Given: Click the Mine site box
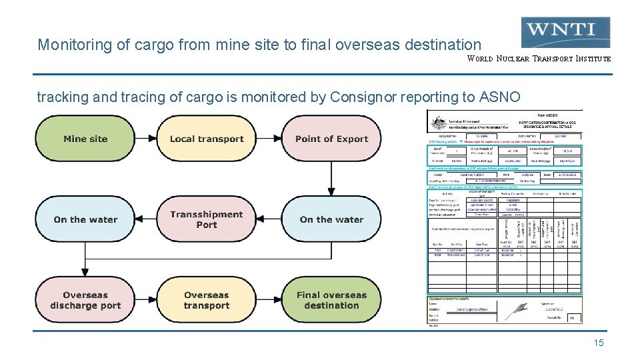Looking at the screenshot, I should (85, 139).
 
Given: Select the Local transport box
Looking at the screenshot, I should (207, 139).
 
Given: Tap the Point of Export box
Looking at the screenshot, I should (331, 139).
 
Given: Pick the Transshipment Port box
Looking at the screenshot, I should (207, 219).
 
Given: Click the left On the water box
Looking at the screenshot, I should (85, 219).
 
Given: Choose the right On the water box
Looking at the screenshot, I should (331, 219).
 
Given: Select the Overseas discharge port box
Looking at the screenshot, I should (85, 300).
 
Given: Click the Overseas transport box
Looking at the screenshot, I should (207, 300).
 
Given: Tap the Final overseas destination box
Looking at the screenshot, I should (331, 300).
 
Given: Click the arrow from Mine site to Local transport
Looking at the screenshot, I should (146, 139).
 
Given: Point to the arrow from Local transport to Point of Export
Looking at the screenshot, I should (269, 139).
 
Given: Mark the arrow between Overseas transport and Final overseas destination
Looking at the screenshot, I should (269, 300).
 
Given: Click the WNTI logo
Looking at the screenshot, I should (566, 31).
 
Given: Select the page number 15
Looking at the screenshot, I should (598, 343).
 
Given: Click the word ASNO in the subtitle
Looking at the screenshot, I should (499, 97).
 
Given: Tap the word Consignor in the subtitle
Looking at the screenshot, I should (361, 97).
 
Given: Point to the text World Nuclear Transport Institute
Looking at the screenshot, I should (539, 59).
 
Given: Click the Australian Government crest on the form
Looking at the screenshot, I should (438, 124).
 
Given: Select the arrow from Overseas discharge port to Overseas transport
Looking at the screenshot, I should (146, 300).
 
